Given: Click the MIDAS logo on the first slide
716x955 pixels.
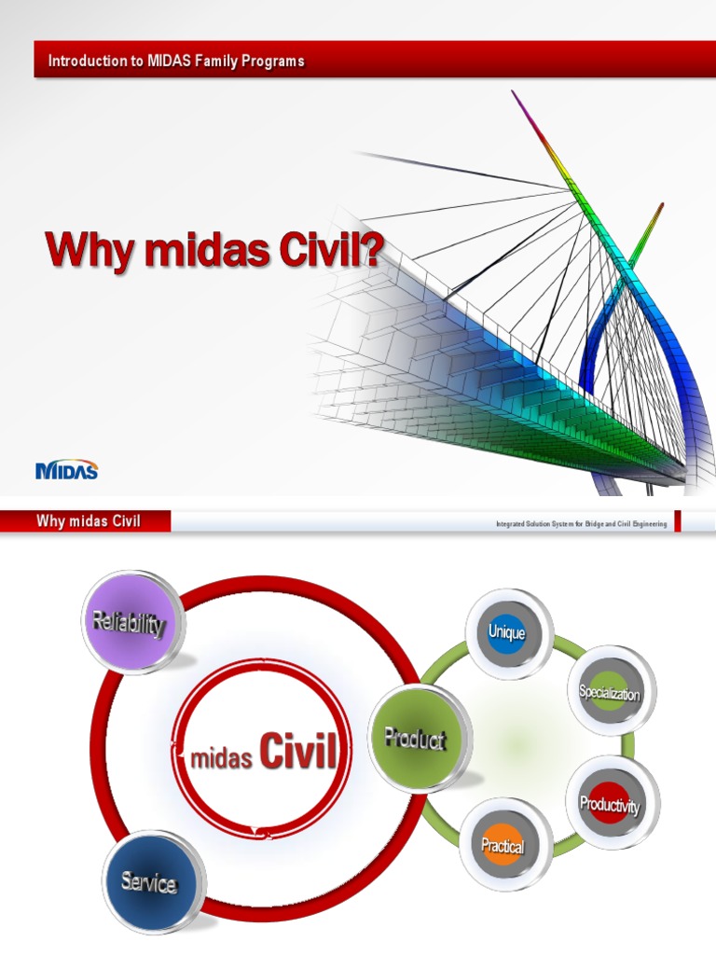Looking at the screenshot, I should click(x=66, y=470).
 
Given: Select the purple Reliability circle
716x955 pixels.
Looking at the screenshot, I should click(x=133, y=623).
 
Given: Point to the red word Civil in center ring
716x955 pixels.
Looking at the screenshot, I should click(x=296, y=753).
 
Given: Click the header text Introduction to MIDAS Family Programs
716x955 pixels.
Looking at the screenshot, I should click(x=176, y=62).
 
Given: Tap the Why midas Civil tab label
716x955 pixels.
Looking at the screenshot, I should click(x=89, y=521).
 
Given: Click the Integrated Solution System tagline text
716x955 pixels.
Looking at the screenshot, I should click(x=581, y=525).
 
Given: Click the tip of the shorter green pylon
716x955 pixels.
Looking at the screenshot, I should click(x=660, y=206).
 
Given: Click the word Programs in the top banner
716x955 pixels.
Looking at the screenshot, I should click(x=275, y=62).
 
